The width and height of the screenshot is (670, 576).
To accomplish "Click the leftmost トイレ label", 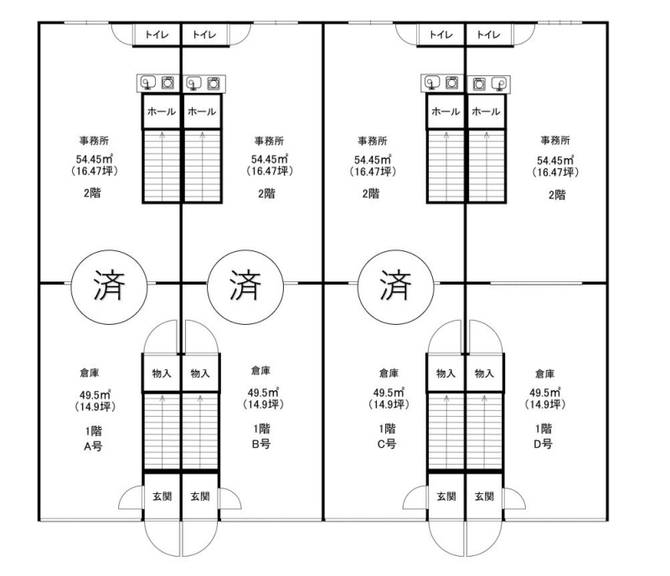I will pyautogui.click(x=157, y=35).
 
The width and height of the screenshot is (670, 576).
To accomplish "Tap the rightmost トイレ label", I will pyautogui.click(x=487, y=35).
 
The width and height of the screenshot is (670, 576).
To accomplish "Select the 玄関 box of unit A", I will pyautogui.click(x=162, y=496).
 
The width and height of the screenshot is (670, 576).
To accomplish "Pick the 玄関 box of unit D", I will pyautogui.click(x=485, y=496).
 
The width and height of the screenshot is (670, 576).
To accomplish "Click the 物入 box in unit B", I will pyautogui.click(x=200, y=373).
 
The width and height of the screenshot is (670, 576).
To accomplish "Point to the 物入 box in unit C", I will pyautogui.click(x=446, y=373).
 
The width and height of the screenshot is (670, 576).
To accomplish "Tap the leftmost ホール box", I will pyautogui.click(x=161, y=111).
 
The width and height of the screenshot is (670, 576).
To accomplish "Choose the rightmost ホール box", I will pyautogui.click(x=485, y=111).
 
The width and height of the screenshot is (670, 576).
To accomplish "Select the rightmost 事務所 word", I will pyautogui.click(x=554, y=141).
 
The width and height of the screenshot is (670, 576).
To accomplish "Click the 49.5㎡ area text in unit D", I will pyautogui.click(x=544, y=393).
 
